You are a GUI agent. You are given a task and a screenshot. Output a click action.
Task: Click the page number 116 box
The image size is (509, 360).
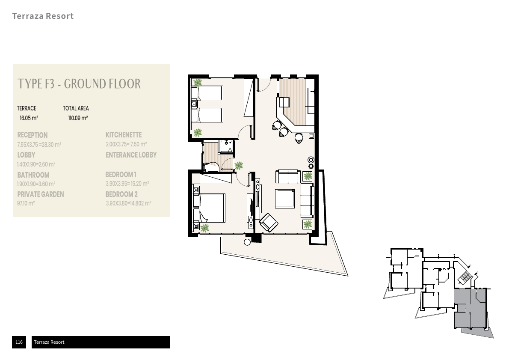click(19, 342)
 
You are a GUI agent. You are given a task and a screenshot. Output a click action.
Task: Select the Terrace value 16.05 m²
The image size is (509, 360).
click(29, 118)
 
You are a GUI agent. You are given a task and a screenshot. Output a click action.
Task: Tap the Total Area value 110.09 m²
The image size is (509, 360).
click(78, 118)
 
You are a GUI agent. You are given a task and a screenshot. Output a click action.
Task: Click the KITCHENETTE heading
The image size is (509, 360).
click(124, 135)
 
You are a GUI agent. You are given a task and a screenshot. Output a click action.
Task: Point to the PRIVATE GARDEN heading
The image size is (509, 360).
click(41, 194)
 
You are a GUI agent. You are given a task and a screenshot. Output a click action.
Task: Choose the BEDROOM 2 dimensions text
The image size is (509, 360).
click(128, 203)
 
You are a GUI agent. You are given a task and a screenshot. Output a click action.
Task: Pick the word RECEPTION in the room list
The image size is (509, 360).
click(33, 135)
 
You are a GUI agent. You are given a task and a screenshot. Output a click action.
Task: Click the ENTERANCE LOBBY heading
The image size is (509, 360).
click(131, 155)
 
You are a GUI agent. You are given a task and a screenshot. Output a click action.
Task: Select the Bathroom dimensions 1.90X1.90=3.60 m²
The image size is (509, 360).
click(36, 184)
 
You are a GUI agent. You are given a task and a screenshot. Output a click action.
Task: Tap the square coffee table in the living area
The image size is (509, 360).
click(285, 199)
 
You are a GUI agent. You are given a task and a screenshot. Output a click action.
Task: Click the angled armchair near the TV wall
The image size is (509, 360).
click(269, 223)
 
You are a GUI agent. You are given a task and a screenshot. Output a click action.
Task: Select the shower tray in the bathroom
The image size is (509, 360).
click(225, 146)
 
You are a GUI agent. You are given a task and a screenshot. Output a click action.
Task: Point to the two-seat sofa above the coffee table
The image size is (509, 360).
click(288, 176)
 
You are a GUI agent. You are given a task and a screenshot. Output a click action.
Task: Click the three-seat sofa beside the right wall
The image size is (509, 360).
click(307, 200)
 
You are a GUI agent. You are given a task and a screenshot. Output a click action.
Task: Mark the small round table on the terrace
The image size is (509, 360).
click(247, 242)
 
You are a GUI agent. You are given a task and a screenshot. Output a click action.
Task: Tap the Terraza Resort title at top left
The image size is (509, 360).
click(43, 16)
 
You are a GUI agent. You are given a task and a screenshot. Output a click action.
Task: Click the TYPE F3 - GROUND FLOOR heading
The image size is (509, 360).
click(79, 84)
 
